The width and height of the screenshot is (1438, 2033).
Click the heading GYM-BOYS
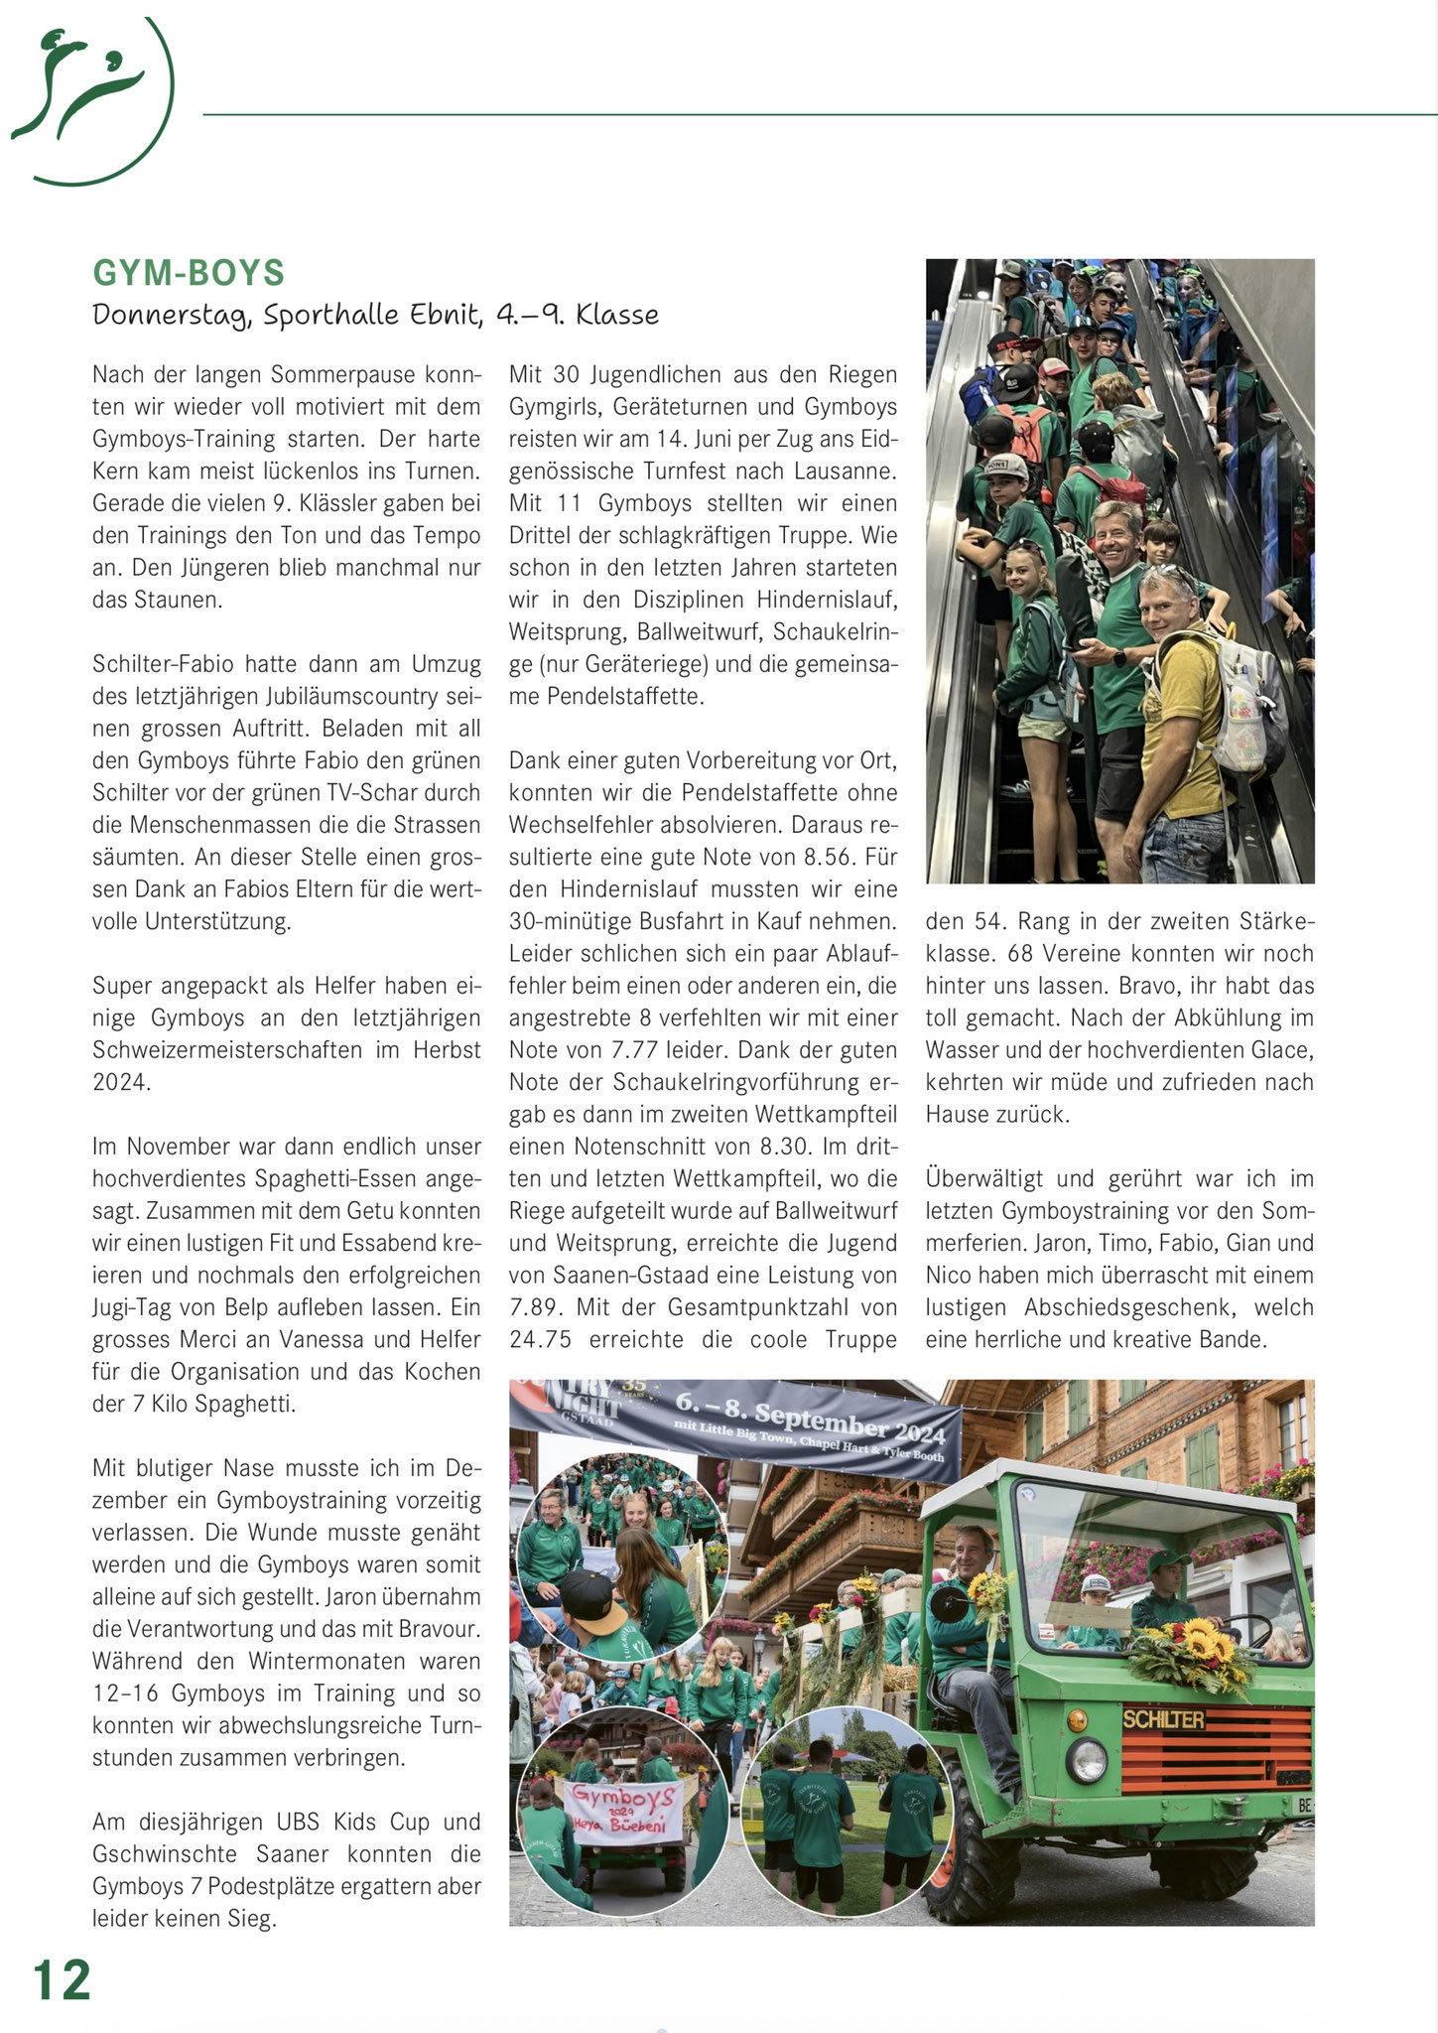pyautogui.click(x=189, y=273)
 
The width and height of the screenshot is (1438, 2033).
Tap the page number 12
pyautogui.click(x=62, y=1981)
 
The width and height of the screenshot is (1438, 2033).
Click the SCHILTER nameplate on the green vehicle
pyautogui.click(x=1163, y=1719)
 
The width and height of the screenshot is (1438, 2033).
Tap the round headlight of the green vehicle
pyautogui.click(x=1087, y=1761)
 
